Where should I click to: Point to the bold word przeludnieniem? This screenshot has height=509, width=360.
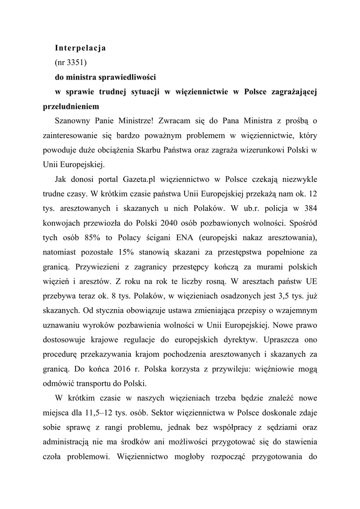[x=71, y=106]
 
